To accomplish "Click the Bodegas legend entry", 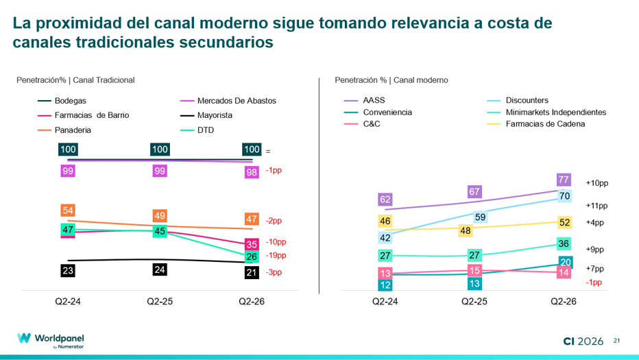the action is [x=62, y=101].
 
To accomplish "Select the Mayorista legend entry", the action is [x=206, y=115].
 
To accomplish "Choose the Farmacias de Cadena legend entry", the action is [x=536, y=124].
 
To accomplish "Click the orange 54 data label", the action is [x=68, y=211].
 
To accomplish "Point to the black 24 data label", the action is [x=160, y=269].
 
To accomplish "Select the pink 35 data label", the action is [x=252, y=244].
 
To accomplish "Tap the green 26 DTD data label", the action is [x=252, y=256].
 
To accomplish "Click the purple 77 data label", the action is [x=564, y=180].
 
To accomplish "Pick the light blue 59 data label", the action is [x=480, y=217].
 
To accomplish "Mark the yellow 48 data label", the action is [x=466, y=231].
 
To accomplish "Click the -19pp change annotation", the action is [x=276, y=256].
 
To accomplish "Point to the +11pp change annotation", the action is [x=596, y=206].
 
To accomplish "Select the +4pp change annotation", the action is [x=594, y=223].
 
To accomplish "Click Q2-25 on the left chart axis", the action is [x=160, y=301].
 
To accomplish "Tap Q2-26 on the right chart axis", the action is [x=564, y=301].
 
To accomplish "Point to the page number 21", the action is [x=616, y=341].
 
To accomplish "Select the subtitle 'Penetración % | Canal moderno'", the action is [x=391, y=80].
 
